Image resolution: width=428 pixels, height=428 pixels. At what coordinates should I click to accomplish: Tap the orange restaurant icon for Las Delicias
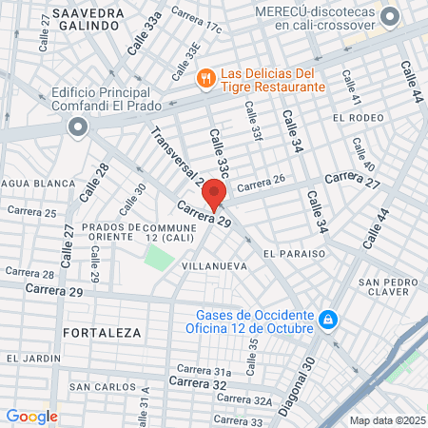pos(204,78)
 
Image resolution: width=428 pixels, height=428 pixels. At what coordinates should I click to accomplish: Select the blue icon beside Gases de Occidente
pos(327,321)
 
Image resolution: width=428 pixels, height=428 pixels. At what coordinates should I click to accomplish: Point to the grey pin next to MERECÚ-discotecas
pos(389,17)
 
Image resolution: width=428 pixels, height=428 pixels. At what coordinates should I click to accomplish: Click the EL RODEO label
pos(357,117)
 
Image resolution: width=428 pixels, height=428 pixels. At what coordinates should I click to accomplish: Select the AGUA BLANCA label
pos(29,184)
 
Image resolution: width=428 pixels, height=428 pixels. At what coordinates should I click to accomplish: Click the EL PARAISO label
pos(295,254)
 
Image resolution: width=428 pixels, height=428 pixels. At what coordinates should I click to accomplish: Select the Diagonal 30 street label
pos(308,377)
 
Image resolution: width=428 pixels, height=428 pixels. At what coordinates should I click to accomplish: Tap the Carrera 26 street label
pos(262,186)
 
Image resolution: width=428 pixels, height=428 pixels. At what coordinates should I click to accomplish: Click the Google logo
pos(31,416)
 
